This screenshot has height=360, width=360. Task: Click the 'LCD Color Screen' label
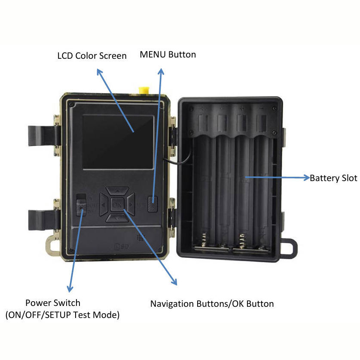pyautogui.click(x=92, y=56)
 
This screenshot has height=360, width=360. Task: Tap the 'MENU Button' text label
pyautogui.click(x=168, y=54)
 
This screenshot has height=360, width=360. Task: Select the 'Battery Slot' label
pyautogui.click(x=333, y=178)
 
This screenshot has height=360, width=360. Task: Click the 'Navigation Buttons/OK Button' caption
pyautogui.click(x=212, y=304)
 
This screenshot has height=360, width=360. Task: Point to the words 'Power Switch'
pyautogui.click(x=53, y=303)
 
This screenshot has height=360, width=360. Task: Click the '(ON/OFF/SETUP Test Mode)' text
pyautogui.click(x=63, y=315)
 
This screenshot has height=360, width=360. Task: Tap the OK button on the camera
pyautogui.click(x=117, y=204)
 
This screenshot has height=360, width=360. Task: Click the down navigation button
pyautogui.click(x=117, y=218)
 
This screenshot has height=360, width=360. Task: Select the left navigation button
pyautogui.click(x=104, y=205)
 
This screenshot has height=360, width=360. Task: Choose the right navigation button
pyautogui.click(x=130, y=204)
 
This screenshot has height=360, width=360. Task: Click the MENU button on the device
pyautogui.click(x=153, y=204)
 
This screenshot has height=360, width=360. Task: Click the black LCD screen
pyautogui.click(x=118, y=142)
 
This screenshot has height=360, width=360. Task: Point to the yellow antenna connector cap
pyautogui.click(x=144, y=90)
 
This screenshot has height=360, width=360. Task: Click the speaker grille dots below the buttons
pyautogui.click(x=140, y=237)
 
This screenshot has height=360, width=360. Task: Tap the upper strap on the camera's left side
pyautogui.click(x=44, y=136)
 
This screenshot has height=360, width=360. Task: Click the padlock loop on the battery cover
pyautogui.click(x=289, y=248)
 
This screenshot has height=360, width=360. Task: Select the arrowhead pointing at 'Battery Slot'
pyautogui.click(x=307, y=178)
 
